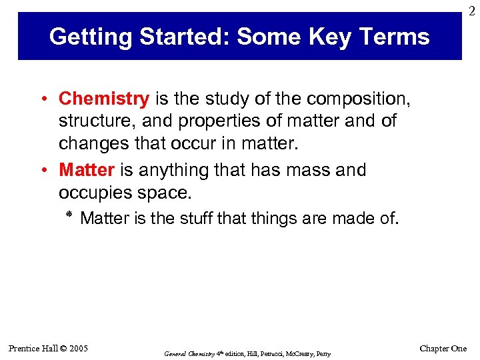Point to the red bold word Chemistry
[104, 99]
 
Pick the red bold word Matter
[87, 170]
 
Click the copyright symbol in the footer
[61, 349]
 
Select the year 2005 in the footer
[77, 349]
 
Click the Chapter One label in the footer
[443, 349]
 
